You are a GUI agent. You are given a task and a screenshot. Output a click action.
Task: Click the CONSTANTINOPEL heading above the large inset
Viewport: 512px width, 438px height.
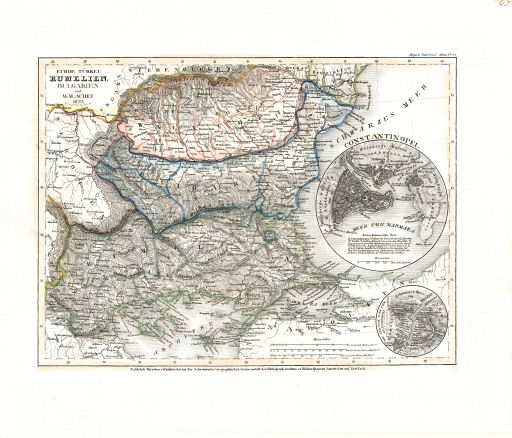coord(385,150)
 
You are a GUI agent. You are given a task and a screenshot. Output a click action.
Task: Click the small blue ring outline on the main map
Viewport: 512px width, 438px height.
coord(270,234)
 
